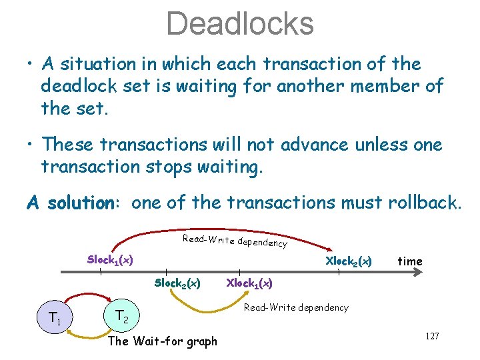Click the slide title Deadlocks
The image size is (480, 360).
240,23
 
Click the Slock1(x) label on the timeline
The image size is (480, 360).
110,259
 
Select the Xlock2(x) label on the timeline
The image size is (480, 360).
348,260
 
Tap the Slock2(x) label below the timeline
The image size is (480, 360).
177,283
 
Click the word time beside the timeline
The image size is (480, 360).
409,261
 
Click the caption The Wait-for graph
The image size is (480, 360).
162,341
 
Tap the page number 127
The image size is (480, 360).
431,336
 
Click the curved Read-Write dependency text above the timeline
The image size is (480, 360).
235,241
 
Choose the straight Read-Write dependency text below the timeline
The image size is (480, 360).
296,307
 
